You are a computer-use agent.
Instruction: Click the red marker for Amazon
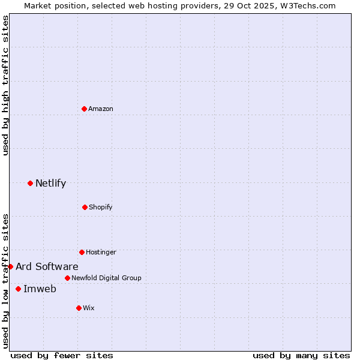pos(84,109)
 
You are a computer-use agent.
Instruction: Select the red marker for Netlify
pos(30,183)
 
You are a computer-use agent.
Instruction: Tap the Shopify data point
pos(85,207)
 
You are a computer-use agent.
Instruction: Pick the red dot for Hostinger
pos(82,252)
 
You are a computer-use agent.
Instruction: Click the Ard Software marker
pos(10,266)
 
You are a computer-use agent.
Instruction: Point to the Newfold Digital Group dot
pos(67,278)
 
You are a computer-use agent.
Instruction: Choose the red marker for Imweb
pos(18,289)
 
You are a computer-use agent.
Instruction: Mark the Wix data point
pos(79,308)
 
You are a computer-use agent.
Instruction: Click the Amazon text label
pos(101,109)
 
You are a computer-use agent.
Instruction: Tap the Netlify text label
pos(50,183)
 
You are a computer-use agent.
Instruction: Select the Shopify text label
pos(100,207)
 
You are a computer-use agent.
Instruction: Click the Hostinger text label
pos(101,252)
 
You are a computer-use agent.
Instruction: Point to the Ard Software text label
pos(47,266)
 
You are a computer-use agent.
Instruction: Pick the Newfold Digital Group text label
pos(106,278)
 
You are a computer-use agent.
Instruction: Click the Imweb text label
pos(40,289)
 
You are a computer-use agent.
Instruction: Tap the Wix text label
pos(89,308)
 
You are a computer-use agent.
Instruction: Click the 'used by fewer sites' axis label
pos(62,355)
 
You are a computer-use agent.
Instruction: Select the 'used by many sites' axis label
pos(301,355)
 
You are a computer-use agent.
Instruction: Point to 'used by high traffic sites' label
pos(5,85)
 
